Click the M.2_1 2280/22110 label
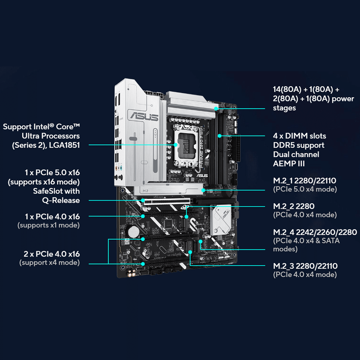click(305, 180)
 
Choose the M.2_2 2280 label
click(294, 206)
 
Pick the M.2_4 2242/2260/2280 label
click(315, 232)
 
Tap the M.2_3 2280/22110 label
click(305, 266)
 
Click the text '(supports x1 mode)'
click(49, 225)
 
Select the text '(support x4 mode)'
click(49, 262)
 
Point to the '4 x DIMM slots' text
click(300, 136)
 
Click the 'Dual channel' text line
click(296, 154)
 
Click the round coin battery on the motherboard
click(135, 230)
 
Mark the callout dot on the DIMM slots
click(220, 136)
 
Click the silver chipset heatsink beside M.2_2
click(220, 220)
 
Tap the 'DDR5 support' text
click(298, 145)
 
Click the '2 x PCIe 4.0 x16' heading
click(52, 254)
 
